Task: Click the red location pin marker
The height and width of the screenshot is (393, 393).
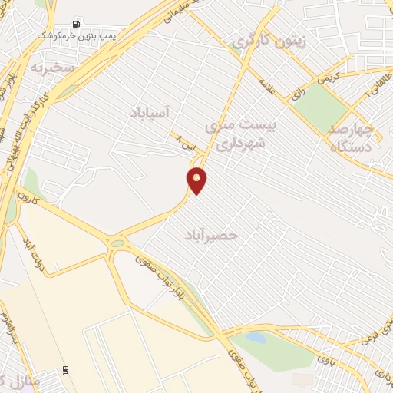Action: tap(196, 180)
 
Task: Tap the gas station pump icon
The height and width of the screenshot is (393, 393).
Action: tap(75, 23)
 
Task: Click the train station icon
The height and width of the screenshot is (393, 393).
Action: tap(67, 368)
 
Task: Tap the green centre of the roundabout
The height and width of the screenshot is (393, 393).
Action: tap(117, 244)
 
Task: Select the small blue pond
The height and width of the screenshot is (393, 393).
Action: tap(256, 338)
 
